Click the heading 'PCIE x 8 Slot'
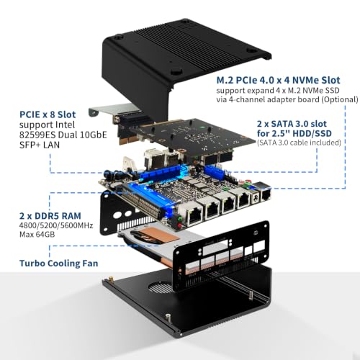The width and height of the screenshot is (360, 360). pyautogui.click(x=48, y=114)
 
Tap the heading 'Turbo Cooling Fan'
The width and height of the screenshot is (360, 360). pyautogui.click(x=59, y=264)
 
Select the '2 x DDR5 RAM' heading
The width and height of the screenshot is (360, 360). pyautogui.click(x=50, y=216)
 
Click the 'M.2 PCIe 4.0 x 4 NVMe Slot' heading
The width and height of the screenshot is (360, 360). pyautogui.click(x=278, y=80)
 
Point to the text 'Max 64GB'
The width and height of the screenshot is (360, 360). pyautogui.click(x=37, y=234)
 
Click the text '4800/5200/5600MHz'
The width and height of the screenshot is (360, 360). pyautogui.click(x=56, y=225)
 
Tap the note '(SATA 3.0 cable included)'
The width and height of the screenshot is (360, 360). pyautogui.click(x=299, y=143)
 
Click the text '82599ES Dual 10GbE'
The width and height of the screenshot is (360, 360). pyautogui.click(x=63, y=135)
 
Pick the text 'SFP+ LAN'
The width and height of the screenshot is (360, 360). pyautogui.click(x=40, y=145)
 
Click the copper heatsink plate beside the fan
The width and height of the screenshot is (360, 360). pyautogui.click(x=162, y=236)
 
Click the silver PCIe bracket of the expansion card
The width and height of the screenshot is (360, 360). pyautogui.click(x=104, y=112)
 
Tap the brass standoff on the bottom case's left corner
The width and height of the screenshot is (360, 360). pyautogui.click(x=112, y=279)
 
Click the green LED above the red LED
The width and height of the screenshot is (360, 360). pyautogui.click(x=179, y=218)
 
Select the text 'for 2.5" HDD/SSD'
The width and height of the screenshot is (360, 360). pyautogui.click(x=294, y=133)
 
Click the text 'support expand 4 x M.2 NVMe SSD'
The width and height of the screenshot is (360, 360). pyautogui.click(x=278, y=91)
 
